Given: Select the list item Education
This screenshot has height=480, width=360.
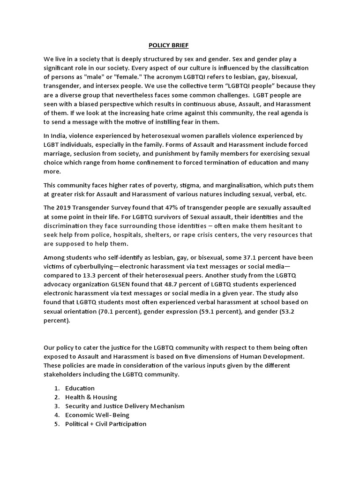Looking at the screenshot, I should [80, 388].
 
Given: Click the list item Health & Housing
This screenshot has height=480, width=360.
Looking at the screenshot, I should [91, 397].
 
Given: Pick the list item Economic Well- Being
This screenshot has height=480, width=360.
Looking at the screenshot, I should [97, 415].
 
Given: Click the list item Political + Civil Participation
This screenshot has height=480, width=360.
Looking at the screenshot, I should [105, 424].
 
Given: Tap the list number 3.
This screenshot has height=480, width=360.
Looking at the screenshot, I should [56, 406].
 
